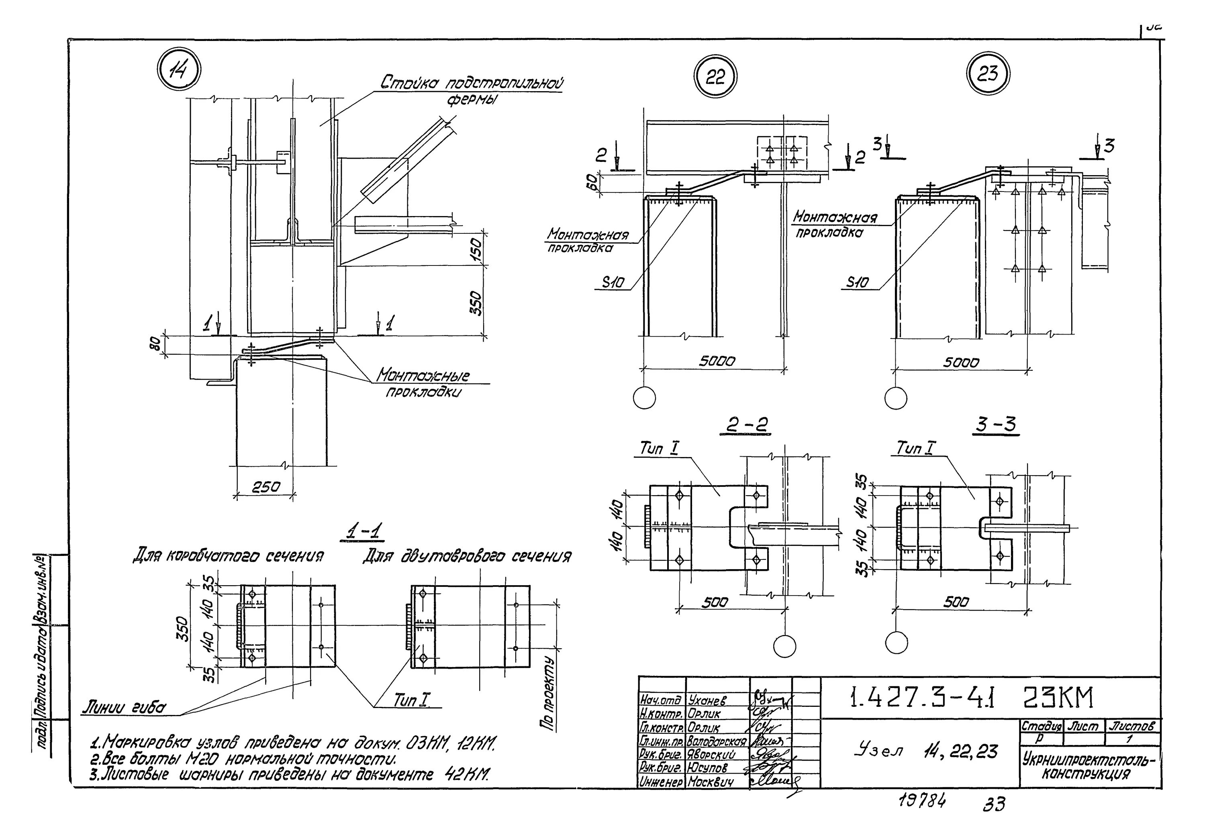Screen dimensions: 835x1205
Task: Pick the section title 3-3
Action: pos(996,425)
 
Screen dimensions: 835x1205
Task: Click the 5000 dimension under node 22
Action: pos(717,361)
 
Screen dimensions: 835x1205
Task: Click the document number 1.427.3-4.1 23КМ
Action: pos(972,698)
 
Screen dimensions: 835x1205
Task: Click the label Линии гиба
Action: pos(123,708)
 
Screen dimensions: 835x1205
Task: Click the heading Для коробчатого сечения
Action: pos(228,555)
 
